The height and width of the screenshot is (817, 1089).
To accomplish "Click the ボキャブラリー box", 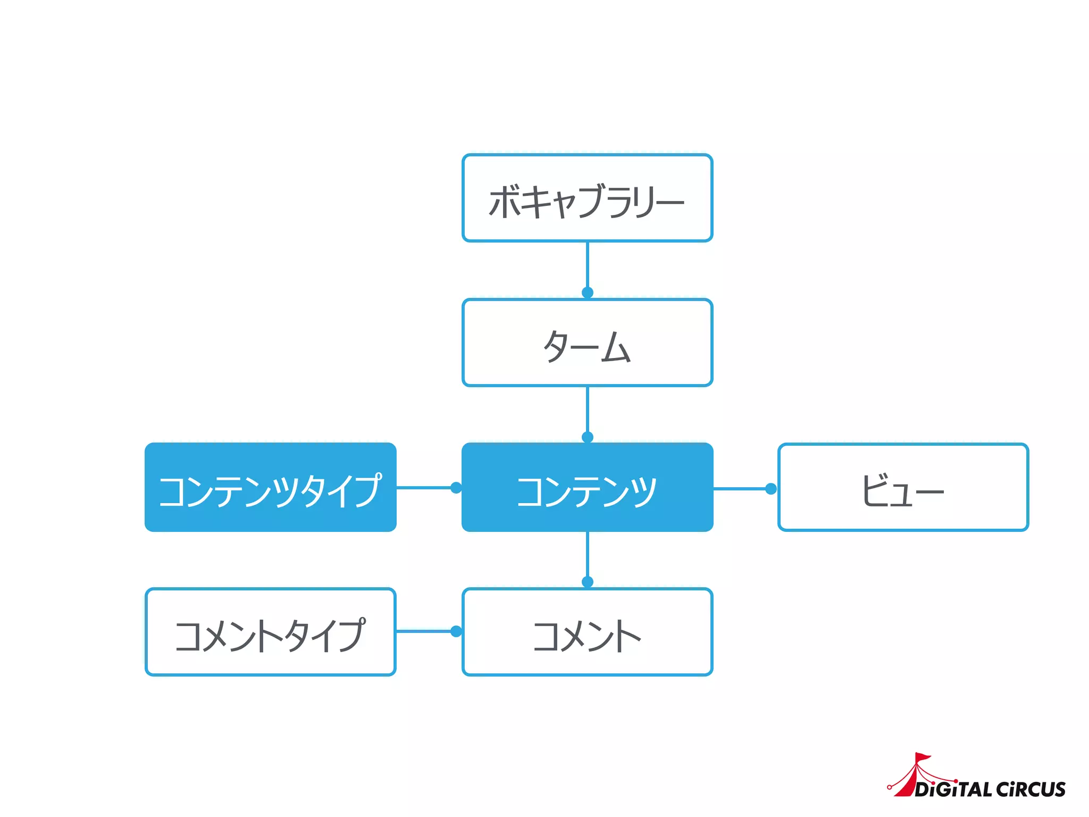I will pyautogui.click(x=587, y=198).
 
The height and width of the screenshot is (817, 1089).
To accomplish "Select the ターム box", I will pyautogui.click(x=587, y=343).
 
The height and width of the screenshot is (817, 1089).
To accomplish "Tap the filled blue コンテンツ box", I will pyautogui.click(x=587, y=488).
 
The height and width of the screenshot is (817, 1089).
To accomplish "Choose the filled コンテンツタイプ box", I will pyautogui.click(x=271, y=488).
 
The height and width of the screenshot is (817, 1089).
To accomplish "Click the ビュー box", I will pyautogui.click(x=903, y=488).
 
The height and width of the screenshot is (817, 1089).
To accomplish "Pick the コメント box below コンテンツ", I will pyautogui.click(x=587, y=632).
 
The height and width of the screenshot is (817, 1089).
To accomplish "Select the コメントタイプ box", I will pyautogui.click(x=271, y=632).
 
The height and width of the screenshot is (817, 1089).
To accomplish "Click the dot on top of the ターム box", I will pyautogui.click(x=587, y=293).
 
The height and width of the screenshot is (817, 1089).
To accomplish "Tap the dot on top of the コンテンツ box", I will pyautogui.click(x=587, y=437).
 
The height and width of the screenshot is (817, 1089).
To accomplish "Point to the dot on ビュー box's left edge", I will pyautogui.click(x=770, y=489).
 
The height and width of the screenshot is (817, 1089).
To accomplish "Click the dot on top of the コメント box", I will pyautogui.click(x=587, y=582).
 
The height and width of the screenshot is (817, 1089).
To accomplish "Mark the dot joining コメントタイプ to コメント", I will pyautogui.click(x=456, y=631).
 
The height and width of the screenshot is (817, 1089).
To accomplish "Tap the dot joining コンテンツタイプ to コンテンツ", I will pyautogui.click(x=456, y=487).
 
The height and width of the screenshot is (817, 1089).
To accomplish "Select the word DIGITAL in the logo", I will pyautogui.click(x=953, y=789).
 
